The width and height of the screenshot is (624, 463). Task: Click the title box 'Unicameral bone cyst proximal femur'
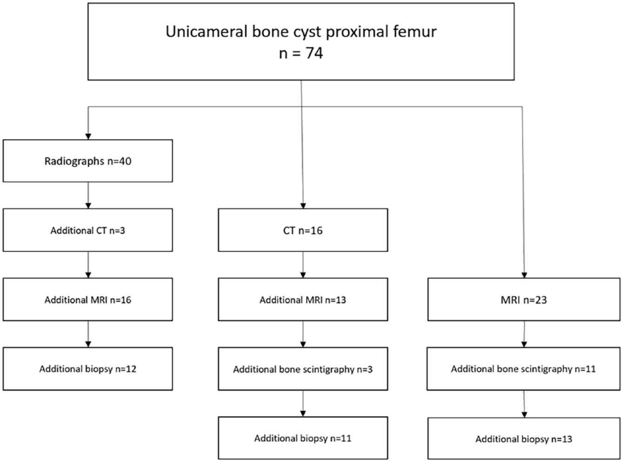[x=301, y=42]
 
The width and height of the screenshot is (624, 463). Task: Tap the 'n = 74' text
[x=301, y=53]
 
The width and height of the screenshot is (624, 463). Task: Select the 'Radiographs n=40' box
[x=88, y=161]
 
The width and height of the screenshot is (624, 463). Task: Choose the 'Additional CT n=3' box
[x=88, y=230]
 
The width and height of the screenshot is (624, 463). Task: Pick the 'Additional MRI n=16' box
[x=88, y=300]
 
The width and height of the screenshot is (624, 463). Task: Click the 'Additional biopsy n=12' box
[x=88, y=369]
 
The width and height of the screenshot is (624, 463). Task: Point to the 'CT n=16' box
[x=303, y=230]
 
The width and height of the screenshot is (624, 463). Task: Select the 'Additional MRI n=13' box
[x=303, y=300]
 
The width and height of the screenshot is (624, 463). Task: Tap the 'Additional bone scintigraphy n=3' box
[x=303, y=369]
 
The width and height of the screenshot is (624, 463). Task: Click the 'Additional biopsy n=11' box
[x=303, y=438]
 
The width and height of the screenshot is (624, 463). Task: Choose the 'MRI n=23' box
[x=524, y=300]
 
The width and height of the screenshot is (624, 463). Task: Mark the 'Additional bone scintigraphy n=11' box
[x=524, y=369]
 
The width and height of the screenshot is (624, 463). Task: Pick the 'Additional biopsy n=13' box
[x=524, y=439]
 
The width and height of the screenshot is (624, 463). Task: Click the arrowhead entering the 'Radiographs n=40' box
[x=88, y=137]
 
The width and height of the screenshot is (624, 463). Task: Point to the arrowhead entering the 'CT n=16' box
[x=303, y=206]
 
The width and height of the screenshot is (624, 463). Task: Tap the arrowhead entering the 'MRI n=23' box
[x=524, y=275]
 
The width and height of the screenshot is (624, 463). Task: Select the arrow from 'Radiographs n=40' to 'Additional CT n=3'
[x=88, y=196]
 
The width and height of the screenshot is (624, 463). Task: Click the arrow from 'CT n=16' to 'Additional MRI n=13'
[x=303, y=265]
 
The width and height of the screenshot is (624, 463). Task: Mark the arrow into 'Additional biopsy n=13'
[x=524, y=404]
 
